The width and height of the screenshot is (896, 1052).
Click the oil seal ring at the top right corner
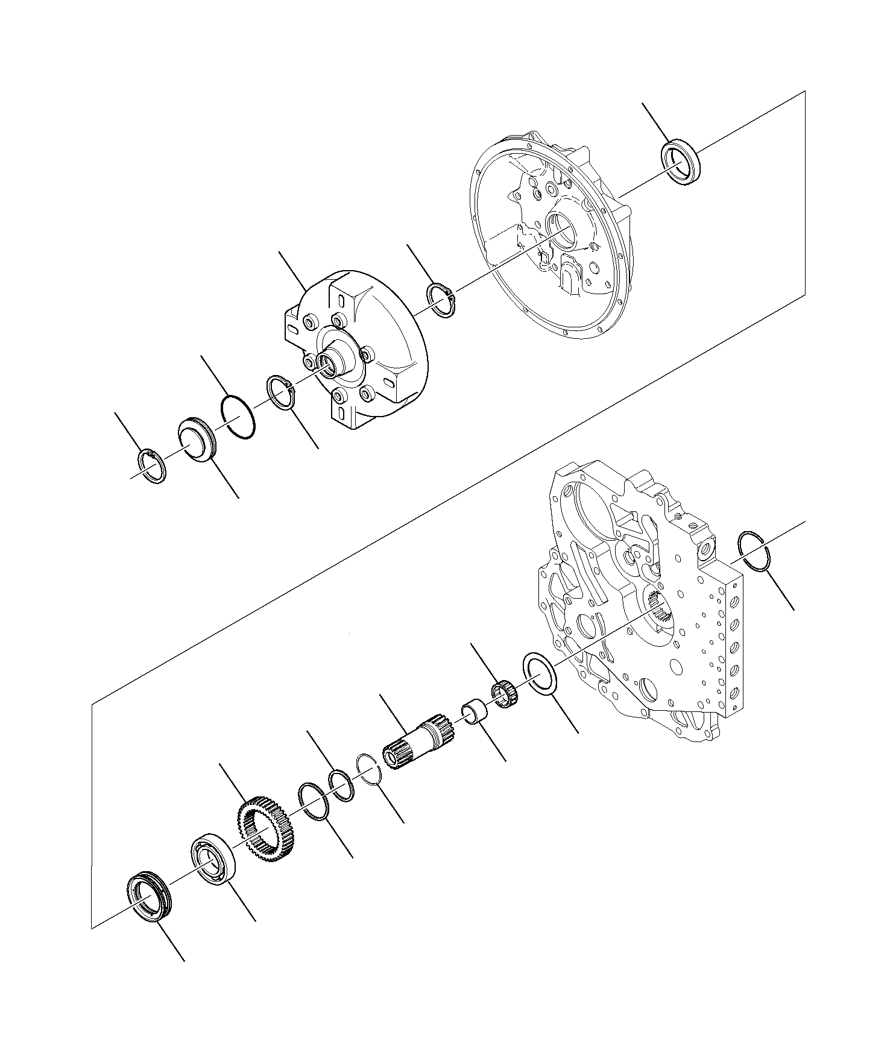point(682,162)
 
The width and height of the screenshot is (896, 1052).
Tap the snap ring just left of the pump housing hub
point(280,393)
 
